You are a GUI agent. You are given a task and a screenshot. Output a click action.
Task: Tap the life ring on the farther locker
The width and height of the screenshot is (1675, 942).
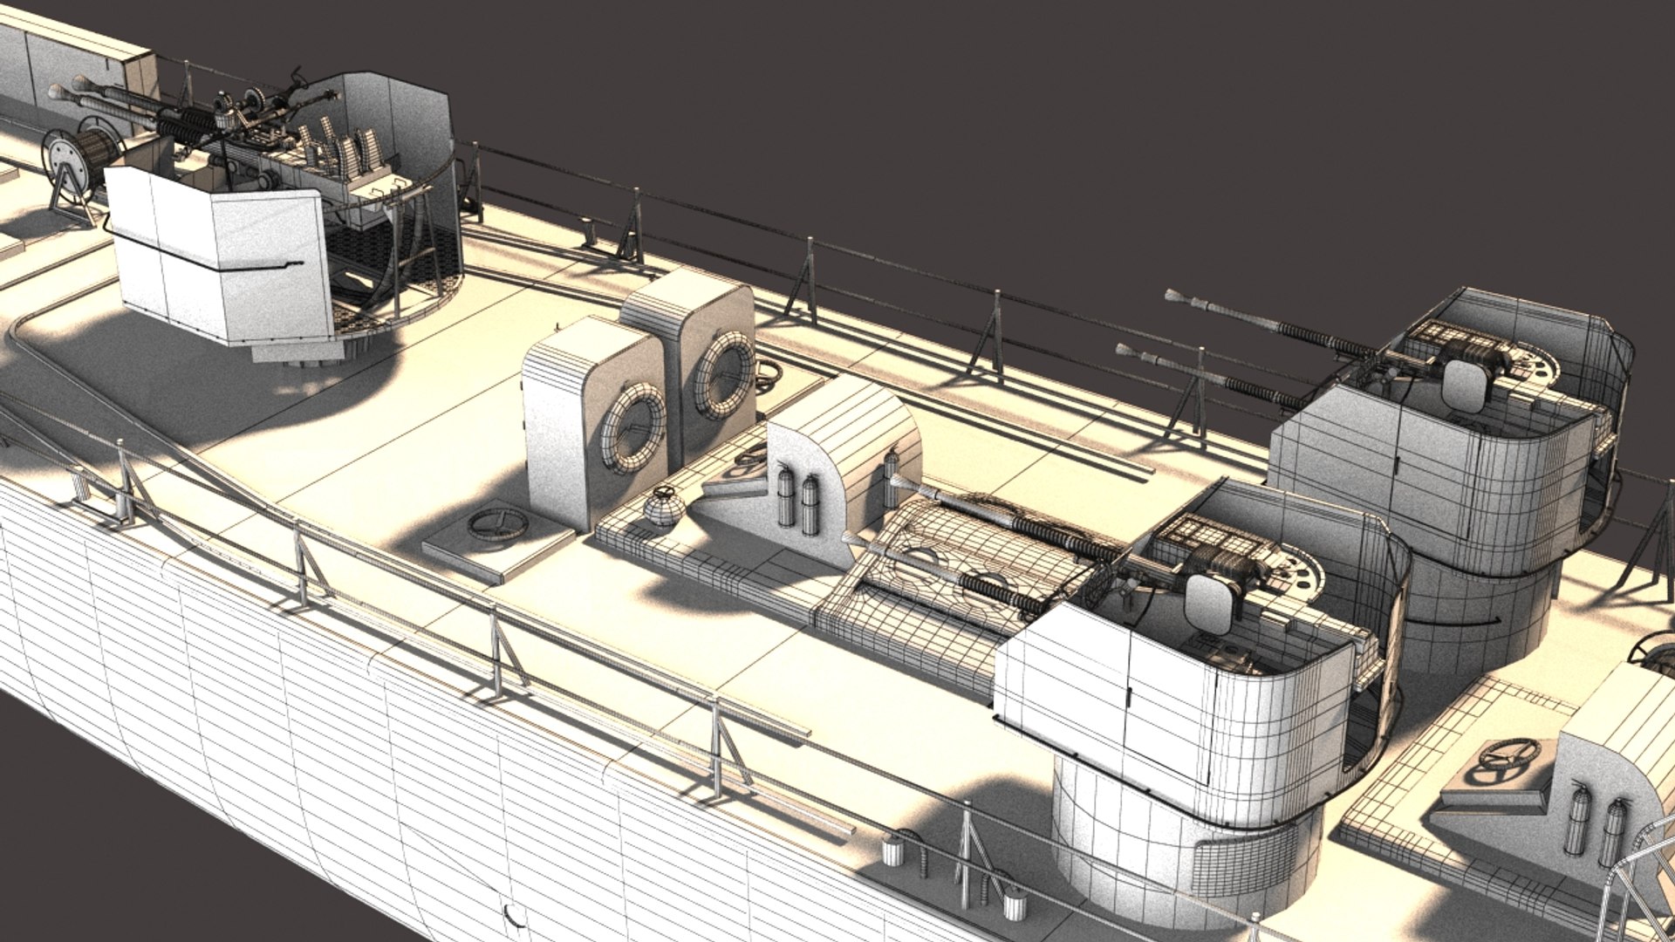(x=724, y=375)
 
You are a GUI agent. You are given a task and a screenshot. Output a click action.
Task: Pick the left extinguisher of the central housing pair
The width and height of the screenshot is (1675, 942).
(x=786, y=495)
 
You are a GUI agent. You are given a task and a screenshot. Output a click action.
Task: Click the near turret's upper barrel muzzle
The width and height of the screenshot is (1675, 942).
(x=899, y=482)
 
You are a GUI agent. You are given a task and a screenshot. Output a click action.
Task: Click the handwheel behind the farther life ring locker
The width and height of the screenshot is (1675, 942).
(x=768, y=375)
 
